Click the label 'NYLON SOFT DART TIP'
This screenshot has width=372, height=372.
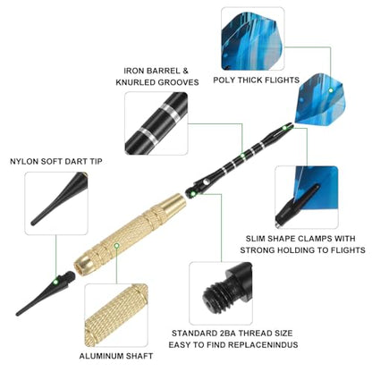click(56, 162)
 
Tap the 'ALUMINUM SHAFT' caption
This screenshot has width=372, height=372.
click(116, 356)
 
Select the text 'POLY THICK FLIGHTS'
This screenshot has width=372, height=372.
click(256, 80)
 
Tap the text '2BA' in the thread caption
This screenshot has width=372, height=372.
click(229, 334)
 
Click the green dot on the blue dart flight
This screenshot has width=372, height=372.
click(331, 90)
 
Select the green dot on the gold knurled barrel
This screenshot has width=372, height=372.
click(117, 246)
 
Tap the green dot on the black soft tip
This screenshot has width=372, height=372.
click(55, 282)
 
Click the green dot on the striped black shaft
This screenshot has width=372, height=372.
click(242, 156)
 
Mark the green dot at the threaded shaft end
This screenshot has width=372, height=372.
click(193, 194)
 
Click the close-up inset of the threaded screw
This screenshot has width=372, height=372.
click(221, 293)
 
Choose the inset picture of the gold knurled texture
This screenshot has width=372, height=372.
click(116, 316)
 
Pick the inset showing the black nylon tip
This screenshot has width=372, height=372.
click(56, 203)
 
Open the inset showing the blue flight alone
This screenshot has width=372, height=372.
click(253, 38)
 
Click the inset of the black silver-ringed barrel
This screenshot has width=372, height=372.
click(156, 123)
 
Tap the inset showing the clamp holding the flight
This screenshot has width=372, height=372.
click(307, 198)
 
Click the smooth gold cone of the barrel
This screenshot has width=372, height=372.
click(173, 205)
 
